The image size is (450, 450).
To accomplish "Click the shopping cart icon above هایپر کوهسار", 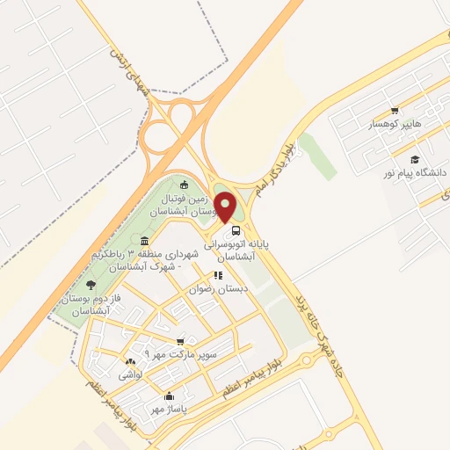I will pos(395,111).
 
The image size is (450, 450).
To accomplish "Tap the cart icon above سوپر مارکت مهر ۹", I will pos(180,341).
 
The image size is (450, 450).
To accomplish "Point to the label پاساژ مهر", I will pos(164,409).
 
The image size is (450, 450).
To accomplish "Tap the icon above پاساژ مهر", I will pos(168,396).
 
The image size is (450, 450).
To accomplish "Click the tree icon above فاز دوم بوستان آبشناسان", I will pos(91,284).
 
